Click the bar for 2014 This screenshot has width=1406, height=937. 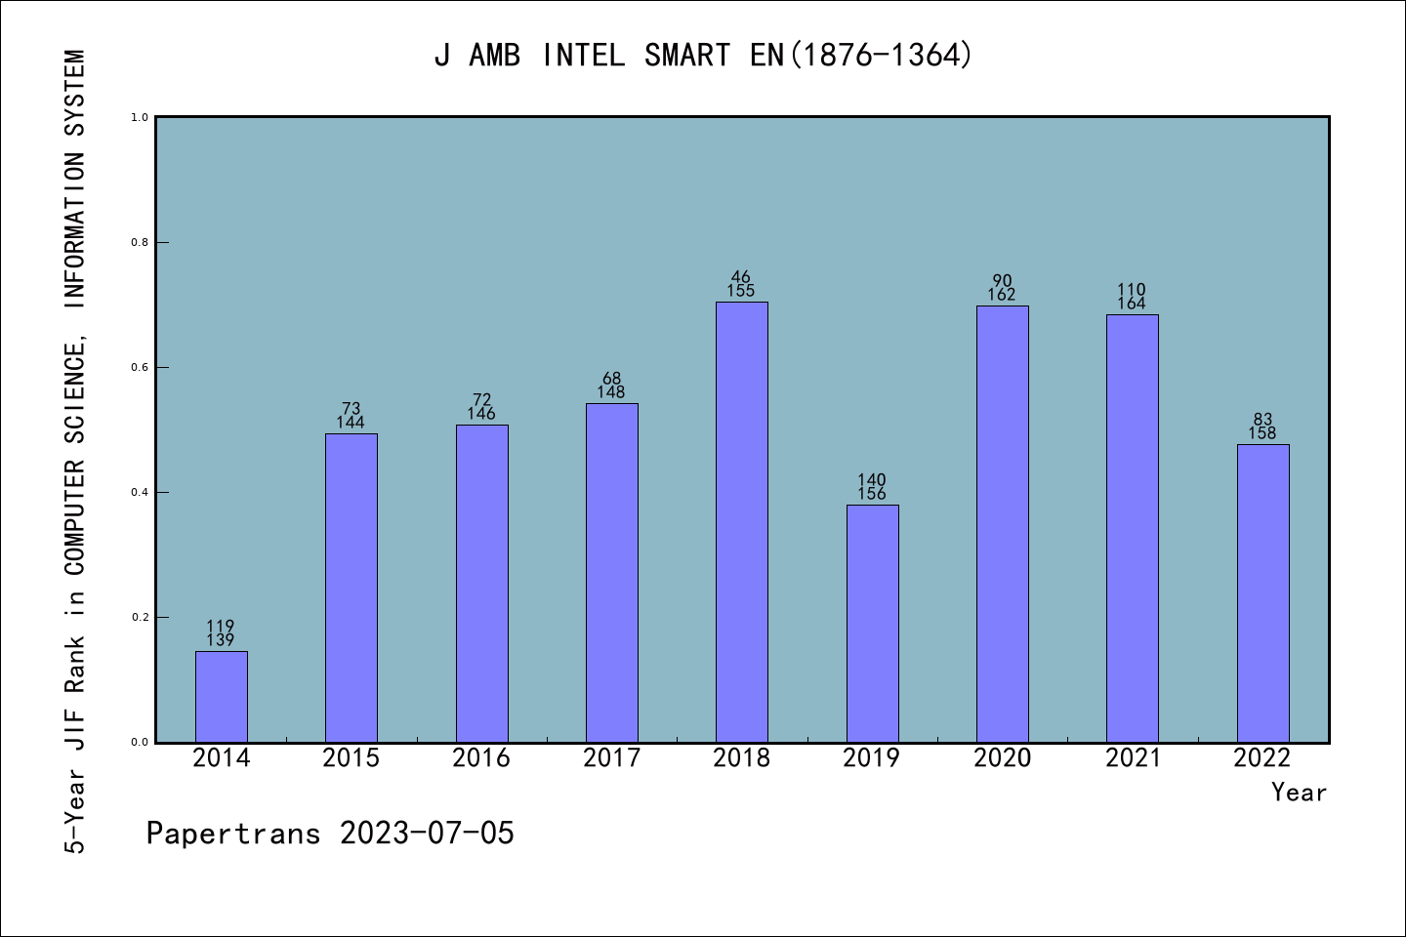coord(222,696)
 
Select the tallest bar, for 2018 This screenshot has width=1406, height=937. coord(742,522)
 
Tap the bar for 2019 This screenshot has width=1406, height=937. coord(872,623)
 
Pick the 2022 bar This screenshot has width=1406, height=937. coord(1262,592)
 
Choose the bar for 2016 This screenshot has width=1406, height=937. coord(481,583)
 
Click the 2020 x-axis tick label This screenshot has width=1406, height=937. coord(1003,758)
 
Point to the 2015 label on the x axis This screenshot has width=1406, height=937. coord(351,758)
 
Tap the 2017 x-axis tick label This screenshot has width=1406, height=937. coord(612,758)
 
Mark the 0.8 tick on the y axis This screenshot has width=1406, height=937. coord(140,242)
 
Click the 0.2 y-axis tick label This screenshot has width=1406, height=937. coord(140,617)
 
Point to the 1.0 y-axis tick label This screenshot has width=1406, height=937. coord(140,117)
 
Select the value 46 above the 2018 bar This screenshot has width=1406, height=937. coord(742,277)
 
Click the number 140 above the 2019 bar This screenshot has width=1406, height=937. coord(872,480)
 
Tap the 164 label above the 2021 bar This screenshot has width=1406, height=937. coord(1132,304)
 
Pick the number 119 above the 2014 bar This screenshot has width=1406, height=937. coord(221,627)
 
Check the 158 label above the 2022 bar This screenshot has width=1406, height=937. coord(1262,433)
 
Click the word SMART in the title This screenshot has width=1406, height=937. coord(687,56)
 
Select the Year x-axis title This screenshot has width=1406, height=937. coord(1299,793)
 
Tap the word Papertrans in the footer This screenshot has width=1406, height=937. coord(233,834)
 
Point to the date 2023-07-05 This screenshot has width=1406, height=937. coord(427,834)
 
